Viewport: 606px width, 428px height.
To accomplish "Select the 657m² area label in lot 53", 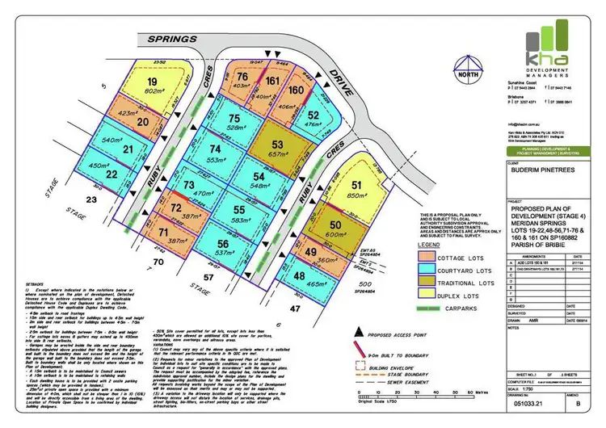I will tap(279, 153).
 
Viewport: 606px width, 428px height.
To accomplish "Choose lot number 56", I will tap(223, 244).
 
